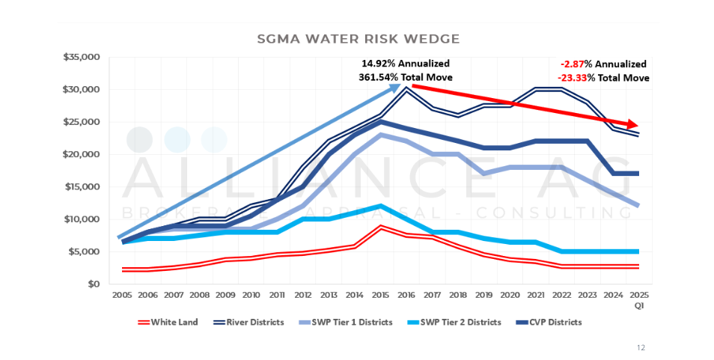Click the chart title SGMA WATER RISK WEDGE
[x=358, y=38]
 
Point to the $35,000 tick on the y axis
[x=82, y=57]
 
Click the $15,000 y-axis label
[x=82, y=186]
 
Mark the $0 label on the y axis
[x=94, y=284]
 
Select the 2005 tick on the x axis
[x=121, y=296]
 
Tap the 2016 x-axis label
[x=406, y=296]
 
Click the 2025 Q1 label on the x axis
[x=638, y=300]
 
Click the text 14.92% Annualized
[x=405, y=64]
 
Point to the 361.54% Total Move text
[x=405, y=77]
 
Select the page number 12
[x=641, y=347]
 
